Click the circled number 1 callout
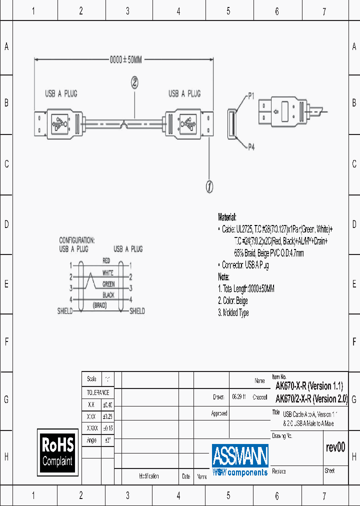pyautogui.click(x=209, y=186)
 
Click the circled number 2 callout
pyautogui.click(x=134, y=82)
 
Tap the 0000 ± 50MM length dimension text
pyautogui.click(x=126, y=60)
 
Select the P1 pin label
pyautogui.click(x=251, y=95)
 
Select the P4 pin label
pyautogui.click(x=251, y=146)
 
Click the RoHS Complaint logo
pyautogui.click(x=57, y=451)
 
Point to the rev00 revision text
pyautogui.click(x=335, y=447)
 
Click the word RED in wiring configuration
pyautogui.click(x=106, y=261)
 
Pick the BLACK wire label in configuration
pyautogui.click(x=108, y=295)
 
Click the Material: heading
pyautogui.click(x=227, y=217)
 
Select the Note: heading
pyautogui.click(x=223, y=277)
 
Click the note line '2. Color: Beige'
pyautogui.click(x=233, y=301)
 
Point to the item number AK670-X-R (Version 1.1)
pyautogui.click(x=309, y=386)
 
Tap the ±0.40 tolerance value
pyautogui.click(x=107, y=404)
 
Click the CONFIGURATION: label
pyautogui.click(x=76, y=240)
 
